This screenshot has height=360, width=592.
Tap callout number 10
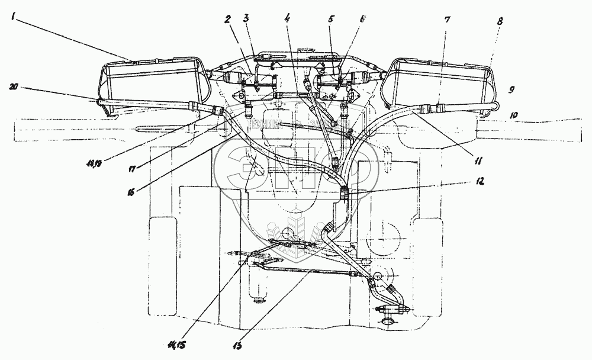click(x=513, y=113)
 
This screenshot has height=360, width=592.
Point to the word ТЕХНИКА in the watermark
click(x=265, y=124)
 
